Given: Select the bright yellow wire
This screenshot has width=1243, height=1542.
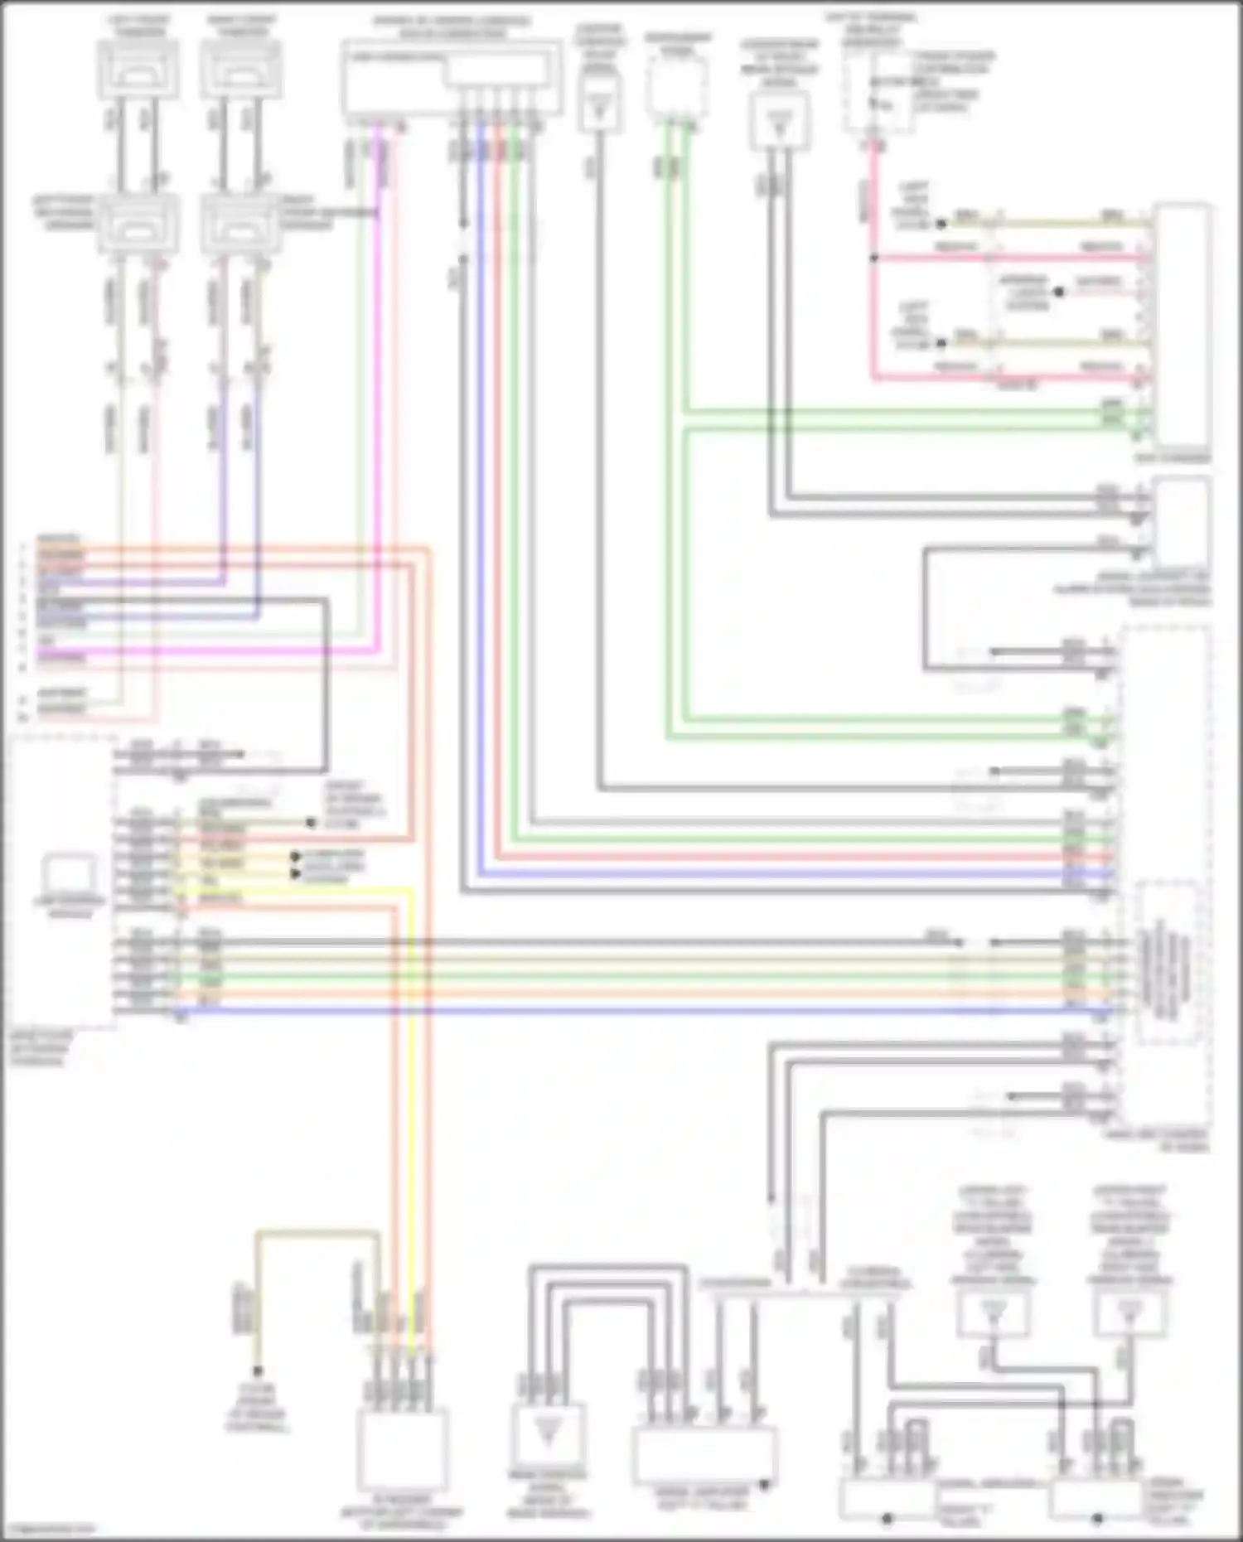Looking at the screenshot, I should [x=412, y=1077].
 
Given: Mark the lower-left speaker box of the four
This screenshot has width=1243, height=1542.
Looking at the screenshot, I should [x=138, y=222].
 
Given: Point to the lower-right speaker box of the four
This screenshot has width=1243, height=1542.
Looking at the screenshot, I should [x=241, y=222].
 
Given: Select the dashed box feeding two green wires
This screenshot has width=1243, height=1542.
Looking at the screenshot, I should [x=677, y=87].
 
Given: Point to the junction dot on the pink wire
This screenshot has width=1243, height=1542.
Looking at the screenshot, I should [x=873, y=259].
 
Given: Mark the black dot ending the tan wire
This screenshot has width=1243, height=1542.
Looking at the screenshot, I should [x=258, y=1370].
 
